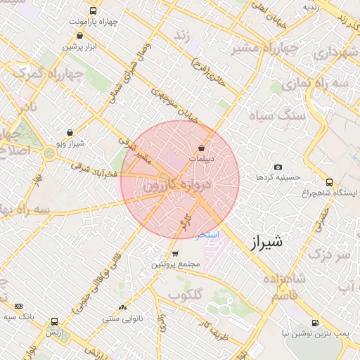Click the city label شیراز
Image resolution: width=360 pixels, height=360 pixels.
[x=265, y=243]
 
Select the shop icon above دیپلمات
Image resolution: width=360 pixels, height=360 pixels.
[x=202, y=148]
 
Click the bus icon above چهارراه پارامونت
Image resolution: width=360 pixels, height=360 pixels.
[x=94, y=11]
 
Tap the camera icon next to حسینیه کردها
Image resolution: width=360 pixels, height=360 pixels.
[x=278, y=167]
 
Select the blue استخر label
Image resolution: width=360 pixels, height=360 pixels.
[x=208, y=234]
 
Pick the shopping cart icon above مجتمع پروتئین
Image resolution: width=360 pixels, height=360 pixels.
[x=175, y=253]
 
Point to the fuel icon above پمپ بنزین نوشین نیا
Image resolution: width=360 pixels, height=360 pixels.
[x=316, y=323]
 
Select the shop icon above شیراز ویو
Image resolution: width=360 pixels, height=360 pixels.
[x=70, y=132]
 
